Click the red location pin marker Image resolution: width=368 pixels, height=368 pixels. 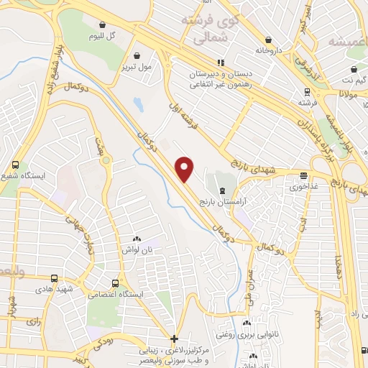(x=185, y=168)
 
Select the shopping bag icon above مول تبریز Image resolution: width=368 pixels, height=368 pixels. (x=137, y=54)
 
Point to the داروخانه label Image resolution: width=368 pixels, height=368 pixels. (x=269, y=51)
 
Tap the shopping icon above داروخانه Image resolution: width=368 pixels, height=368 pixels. (x=269, y=40)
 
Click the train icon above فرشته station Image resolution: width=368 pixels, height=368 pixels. (x=307, y=91)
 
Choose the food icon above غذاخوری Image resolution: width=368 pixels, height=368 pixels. (x=304, y=175)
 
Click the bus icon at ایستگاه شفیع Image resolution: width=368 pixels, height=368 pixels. (x=16, y=165)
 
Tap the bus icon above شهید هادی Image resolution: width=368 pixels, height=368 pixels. (x=55, y=278)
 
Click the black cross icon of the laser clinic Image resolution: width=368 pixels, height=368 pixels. (x=174, y=339)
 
